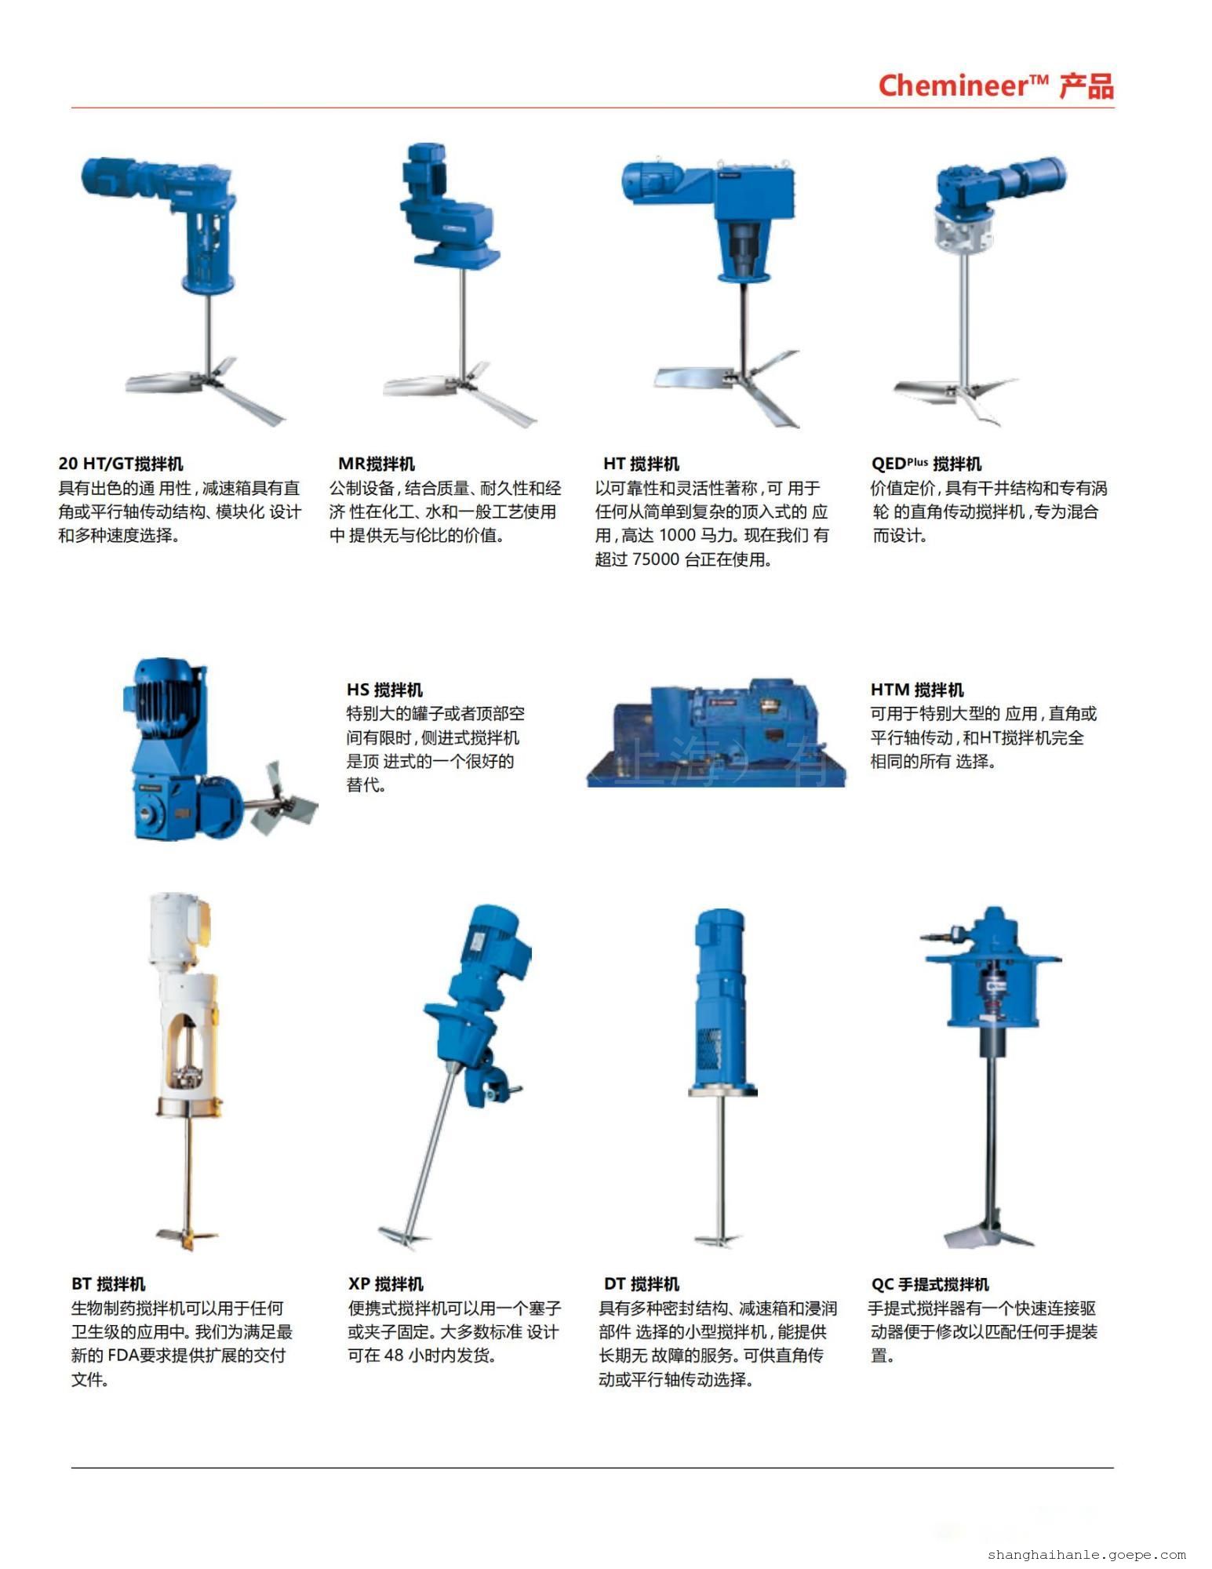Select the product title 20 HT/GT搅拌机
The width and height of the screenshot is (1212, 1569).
coord(121,464)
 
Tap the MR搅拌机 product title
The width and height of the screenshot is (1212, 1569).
coord(377,464)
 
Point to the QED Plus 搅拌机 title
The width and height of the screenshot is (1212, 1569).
coord(926,464)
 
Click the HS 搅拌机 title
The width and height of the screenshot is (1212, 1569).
coord(384,690)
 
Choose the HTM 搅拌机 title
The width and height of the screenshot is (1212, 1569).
coord(917,690)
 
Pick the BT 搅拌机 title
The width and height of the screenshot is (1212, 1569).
coord(108,1284)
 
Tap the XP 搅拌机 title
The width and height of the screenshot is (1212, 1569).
coord(386,1284)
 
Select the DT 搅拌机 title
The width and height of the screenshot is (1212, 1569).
coord(641,1284)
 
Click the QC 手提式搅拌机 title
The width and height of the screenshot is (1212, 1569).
coord(930,1284)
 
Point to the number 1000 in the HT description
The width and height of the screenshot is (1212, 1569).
coord(677,537)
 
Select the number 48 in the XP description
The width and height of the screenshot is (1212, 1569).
coord(394,1356)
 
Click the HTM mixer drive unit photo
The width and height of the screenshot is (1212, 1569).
coord(716,734)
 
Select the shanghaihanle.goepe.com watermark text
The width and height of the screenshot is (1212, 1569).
coord(1086,1553)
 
